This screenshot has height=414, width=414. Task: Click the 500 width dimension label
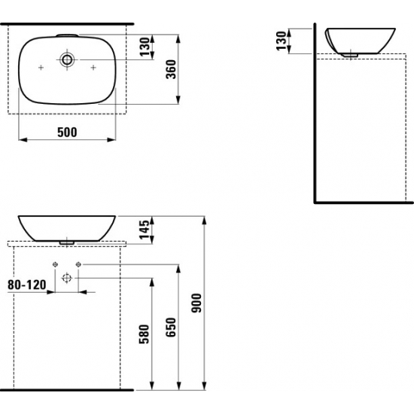[67, 132]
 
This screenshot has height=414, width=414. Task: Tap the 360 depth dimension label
[171, 69]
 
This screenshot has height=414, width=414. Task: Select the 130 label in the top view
[145, 47]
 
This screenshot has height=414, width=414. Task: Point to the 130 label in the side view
[282, 41]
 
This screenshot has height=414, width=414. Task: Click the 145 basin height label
[145, 230]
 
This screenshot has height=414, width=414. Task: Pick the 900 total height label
[196, 303]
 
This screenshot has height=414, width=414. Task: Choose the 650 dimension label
[171, 327]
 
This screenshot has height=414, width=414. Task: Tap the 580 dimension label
[145, 334]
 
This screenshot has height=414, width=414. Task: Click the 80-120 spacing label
[27, 285]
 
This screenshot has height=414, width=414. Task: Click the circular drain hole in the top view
[67, 59]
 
